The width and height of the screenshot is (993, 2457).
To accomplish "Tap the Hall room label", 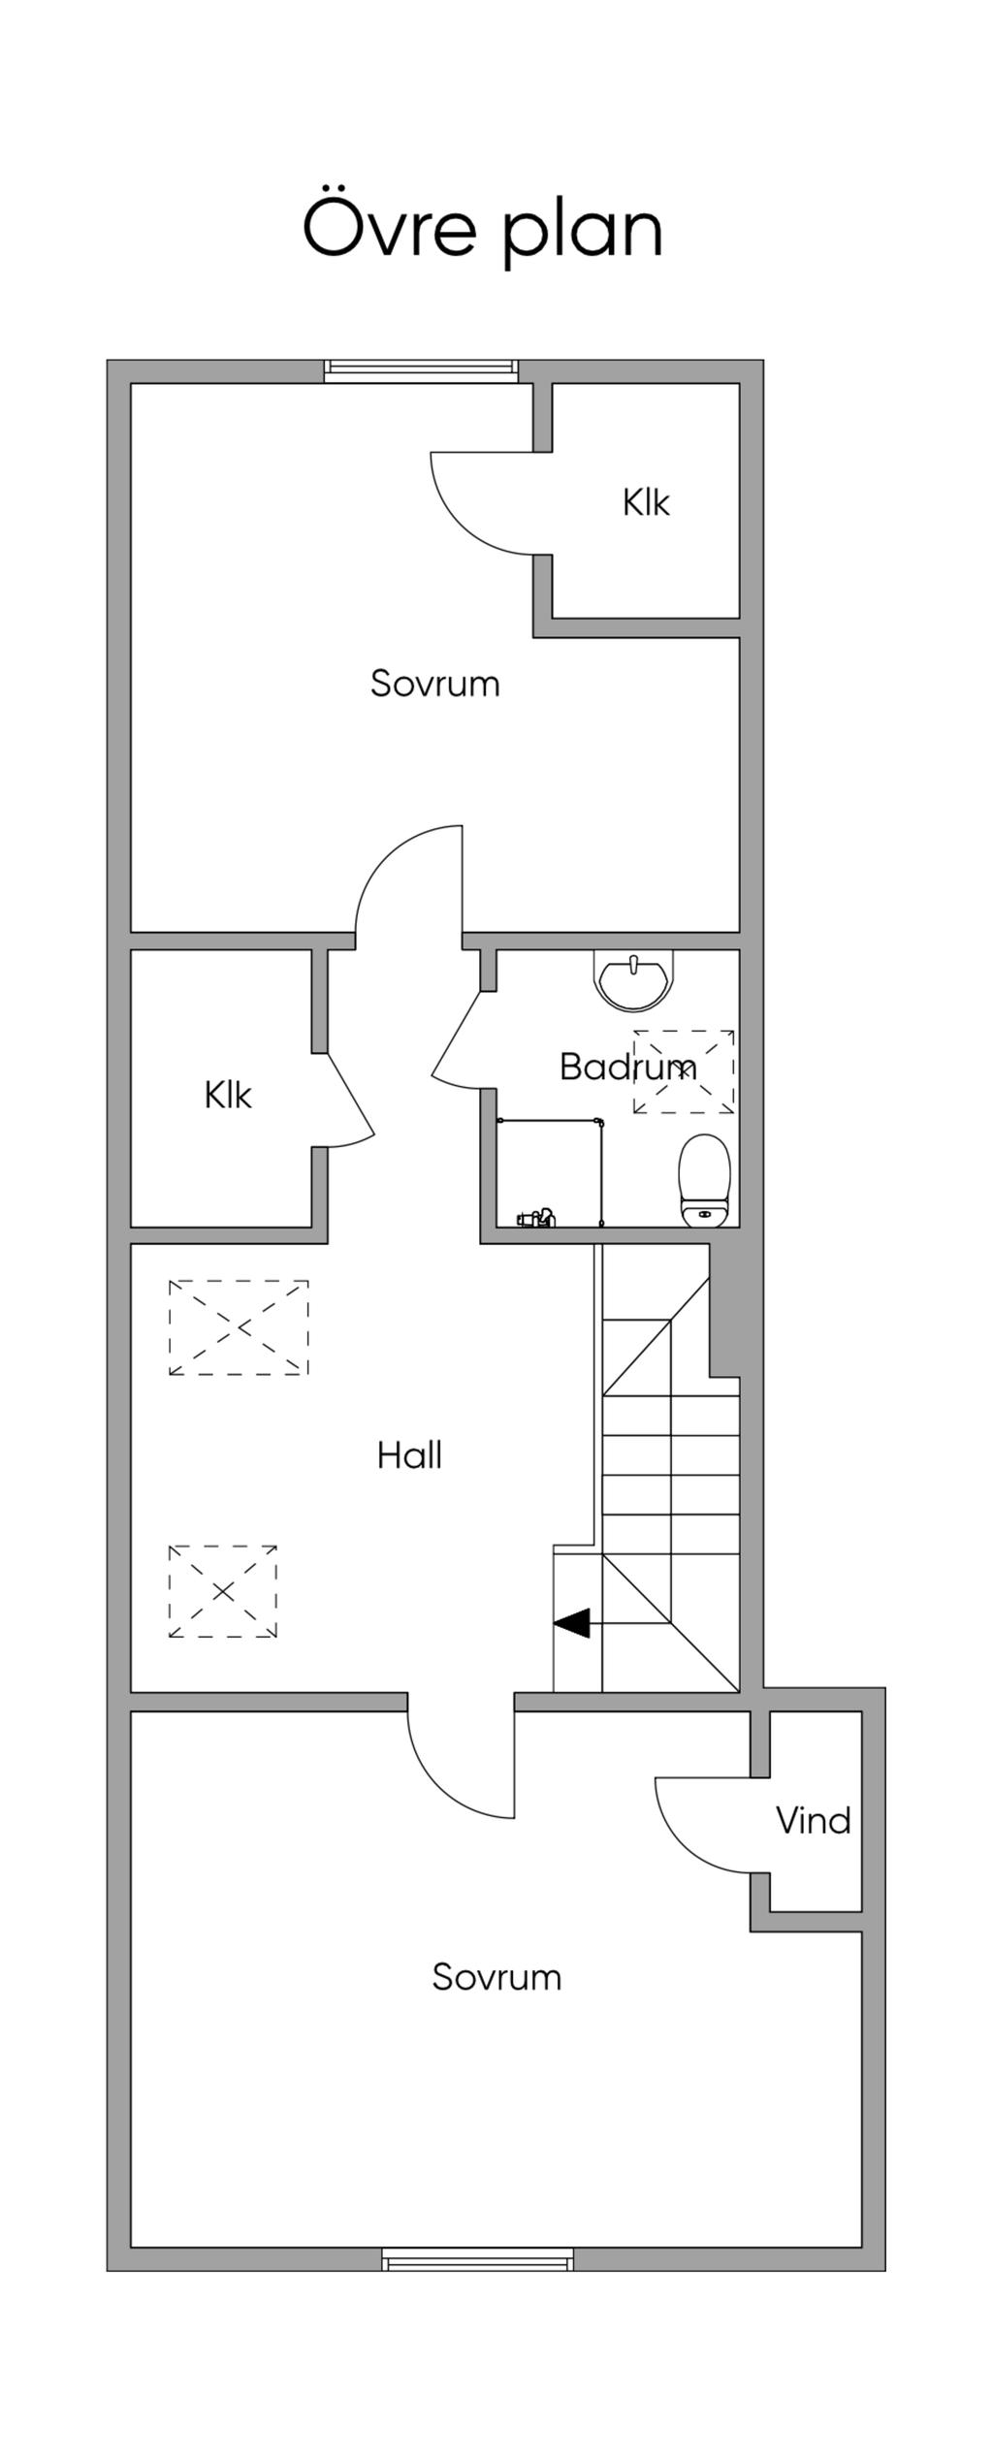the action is (409, 1455).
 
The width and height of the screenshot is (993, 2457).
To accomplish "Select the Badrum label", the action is (627, 1067).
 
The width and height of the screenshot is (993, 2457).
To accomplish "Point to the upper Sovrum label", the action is (434, 684).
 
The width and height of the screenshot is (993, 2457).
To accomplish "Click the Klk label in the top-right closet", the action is (646, 502).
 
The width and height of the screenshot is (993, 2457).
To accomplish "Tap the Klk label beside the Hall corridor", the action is (228, 1095).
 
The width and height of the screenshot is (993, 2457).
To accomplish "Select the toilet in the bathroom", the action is (704, 1181).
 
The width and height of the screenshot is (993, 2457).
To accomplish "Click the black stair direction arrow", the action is (571, 1622).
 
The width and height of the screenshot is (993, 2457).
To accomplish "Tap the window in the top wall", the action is (421, 369).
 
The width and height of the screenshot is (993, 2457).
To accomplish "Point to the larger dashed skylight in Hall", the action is (239, 1326).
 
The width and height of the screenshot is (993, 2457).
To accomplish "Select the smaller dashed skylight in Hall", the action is (223, 1591).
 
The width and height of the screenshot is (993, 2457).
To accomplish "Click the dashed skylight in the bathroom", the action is (684, 1071).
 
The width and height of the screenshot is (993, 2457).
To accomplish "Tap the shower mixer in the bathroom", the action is (536, 1217).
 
